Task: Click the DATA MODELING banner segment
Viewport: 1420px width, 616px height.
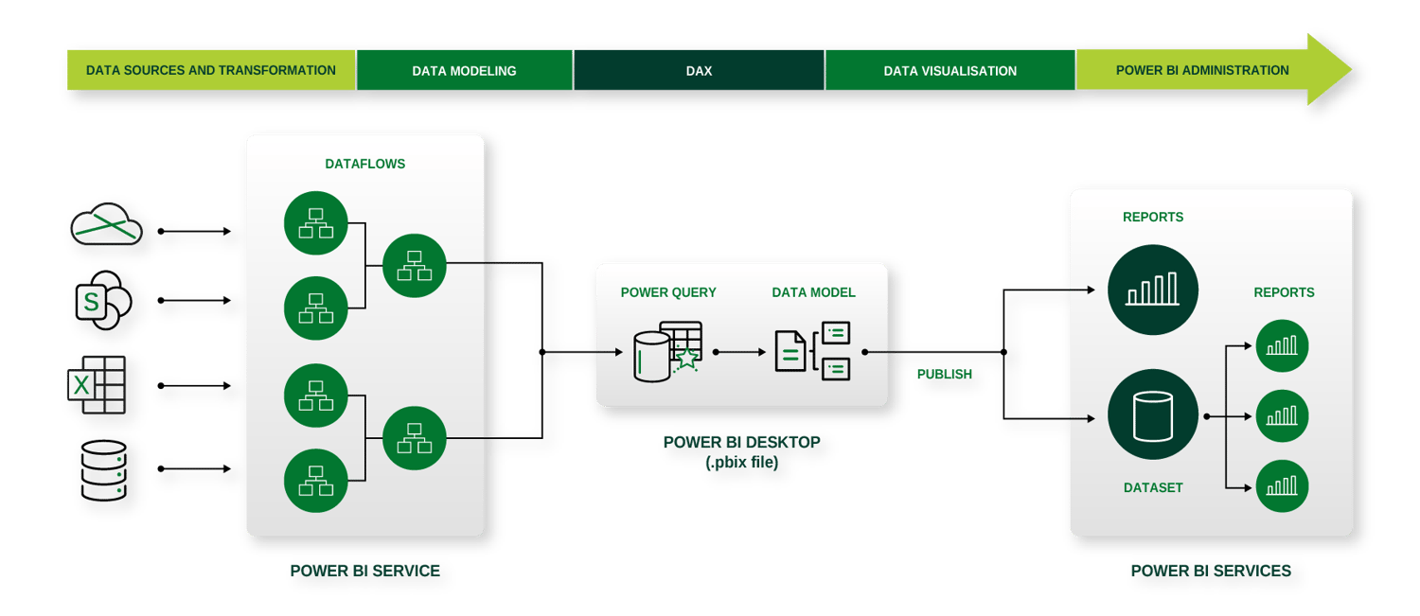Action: [x=464, y=71]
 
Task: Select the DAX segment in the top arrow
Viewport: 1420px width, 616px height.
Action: [x=699, y=71]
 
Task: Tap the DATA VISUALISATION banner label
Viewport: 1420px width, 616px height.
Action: [x=950, y=71]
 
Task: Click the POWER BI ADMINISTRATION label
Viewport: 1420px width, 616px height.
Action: [x=1202, y=71]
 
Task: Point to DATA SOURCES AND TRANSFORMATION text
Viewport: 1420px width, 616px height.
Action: [x=210, y=71]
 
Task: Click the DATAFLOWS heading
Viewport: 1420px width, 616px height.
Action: [x=364, y=164]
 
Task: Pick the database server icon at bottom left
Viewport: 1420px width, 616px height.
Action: [x=100, y=470]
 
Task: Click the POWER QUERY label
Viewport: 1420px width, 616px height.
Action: [x=668, y=292]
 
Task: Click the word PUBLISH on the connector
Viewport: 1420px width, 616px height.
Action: [x=944, y=374]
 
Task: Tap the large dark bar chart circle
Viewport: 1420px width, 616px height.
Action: [x=1152, y=290]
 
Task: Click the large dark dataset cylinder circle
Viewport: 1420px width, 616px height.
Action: [x=1152, y=415]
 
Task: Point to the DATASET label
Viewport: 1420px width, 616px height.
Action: [x=1153, y=487]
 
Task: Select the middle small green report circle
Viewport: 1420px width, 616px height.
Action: [x=1282, y=415]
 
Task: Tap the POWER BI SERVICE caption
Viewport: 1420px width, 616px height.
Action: [x=364, y=571]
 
